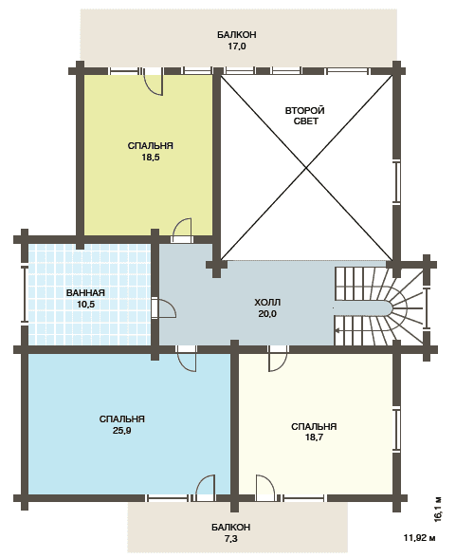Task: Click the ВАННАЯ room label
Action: (x=85, y=293)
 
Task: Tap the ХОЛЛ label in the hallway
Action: (x=267, y=303)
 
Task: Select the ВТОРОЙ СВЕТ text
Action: (x=305, y=116)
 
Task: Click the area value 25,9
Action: (x=122, y=431)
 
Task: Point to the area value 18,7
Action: (x=314, y=437)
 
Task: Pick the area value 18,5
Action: (x=151, y=157)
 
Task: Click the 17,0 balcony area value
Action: (x=237, y=46)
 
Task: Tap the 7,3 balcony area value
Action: (x=230, y=539)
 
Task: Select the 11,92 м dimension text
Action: (x=419, y=537)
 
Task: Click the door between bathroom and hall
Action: (x=163, y=307)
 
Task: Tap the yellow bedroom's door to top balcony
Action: (x=154, y=81)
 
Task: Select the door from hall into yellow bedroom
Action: (x=182, y=230)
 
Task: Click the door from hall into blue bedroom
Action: (x=187, y=359)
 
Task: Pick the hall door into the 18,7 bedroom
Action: (x=278, y=359)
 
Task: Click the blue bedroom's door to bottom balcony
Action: (x=205, y=488)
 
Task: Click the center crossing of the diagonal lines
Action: (x=306, y=168)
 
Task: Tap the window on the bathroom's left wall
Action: (x=25, y=294)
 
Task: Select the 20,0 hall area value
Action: (x=267, y=314)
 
